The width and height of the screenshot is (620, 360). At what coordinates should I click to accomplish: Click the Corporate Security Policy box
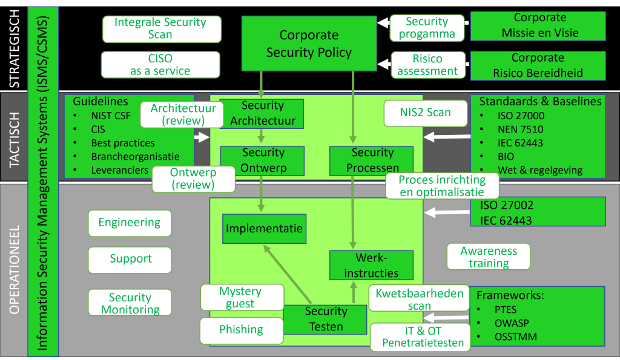309,44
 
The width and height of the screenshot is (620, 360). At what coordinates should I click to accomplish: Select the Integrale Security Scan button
160,28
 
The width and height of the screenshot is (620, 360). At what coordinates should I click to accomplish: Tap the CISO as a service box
160,65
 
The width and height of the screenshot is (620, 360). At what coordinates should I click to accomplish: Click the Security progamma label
427,28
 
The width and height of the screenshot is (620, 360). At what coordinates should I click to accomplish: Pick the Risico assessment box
427,65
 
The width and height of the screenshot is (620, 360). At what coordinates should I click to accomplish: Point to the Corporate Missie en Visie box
538,25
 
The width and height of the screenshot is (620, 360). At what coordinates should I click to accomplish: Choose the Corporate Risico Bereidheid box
538,65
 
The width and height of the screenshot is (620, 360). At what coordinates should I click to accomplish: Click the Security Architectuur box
262,113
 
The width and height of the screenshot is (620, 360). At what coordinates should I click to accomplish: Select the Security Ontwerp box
262,160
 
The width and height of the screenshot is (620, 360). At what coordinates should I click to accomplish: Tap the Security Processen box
372,160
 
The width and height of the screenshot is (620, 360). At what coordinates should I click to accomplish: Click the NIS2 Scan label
426,113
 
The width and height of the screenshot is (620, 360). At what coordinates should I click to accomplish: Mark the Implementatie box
263,229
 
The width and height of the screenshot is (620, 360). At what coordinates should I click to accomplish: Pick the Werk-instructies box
371,266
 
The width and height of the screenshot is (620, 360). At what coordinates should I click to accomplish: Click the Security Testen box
326,319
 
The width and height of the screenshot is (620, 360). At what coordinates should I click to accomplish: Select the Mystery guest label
242,298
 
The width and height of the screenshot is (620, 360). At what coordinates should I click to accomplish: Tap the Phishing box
242,330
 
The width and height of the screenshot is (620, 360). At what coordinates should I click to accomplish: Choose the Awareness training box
489,257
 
